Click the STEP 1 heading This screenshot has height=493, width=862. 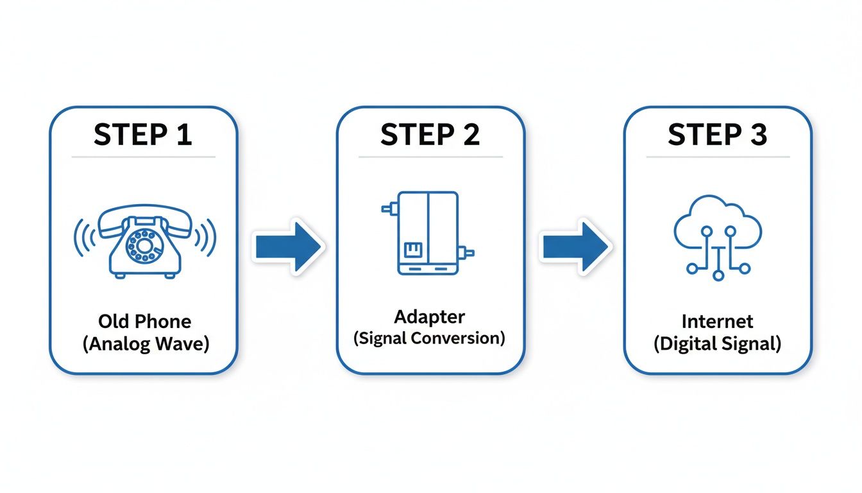pos(143,135)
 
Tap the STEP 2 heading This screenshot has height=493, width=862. pos(430,135)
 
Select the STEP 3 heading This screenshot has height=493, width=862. pos(717,135)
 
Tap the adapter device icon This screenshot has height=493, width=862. pos(428,233)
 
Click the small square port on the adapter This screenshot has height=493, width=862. pos(411,249)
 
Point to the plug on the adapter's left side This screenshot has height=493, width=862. pos(389,208)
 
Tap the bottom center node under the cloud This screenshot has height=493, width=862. pos(718,275)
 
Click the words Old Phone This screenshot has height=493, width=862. pos(145,321)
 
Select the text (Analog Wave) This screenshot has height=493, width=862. pos(146,343)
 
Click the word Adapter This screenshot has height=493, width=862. pos(429,316)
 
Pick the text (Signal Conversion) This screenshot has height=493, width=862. pos(429,338)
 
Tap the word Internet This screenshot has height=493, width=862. pos(717,321)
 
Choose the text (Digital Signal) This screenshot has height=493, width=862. pos(717,343)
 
